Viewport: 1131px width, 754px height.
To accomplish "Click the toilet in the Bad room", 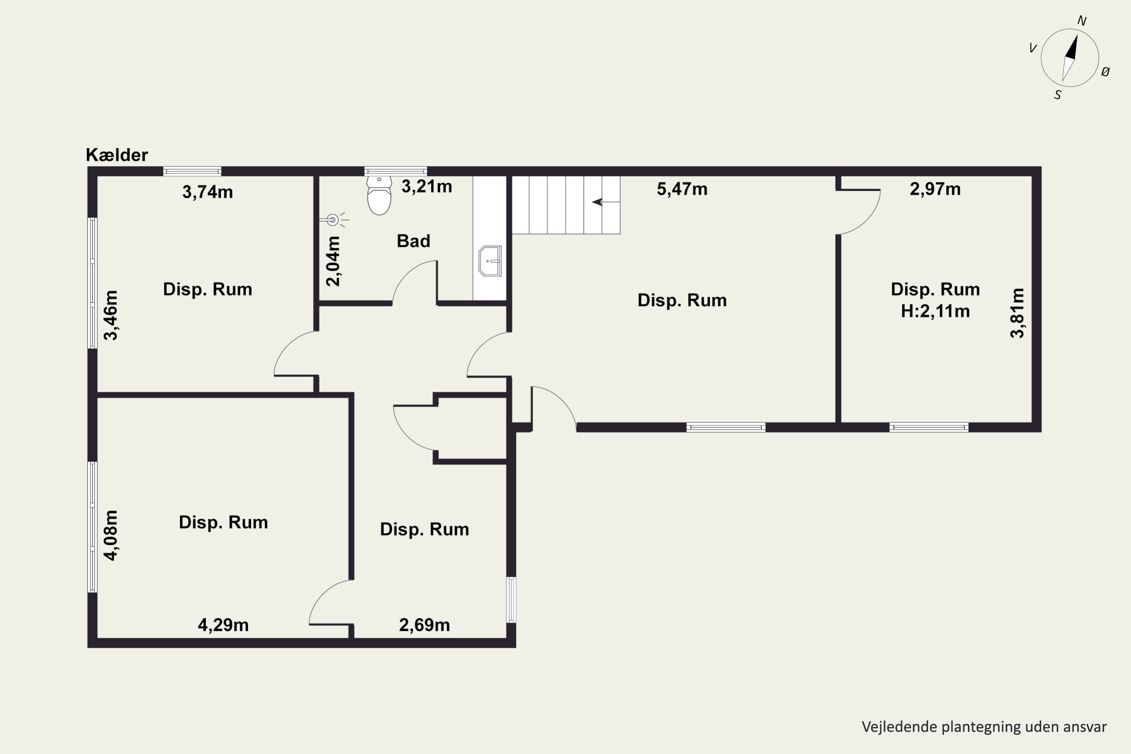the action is pos(379,196).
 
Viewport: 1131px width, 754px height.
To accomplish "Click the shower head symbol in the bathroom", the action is pos(333,220).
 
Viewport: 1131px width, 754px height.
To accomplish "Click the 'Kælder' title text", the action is pos(117,155).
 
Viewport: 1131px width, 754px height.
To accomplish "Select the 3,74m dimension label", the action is pos(208,192).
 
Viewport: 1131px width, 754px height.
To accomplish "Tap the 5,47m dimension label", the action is pos(682,189).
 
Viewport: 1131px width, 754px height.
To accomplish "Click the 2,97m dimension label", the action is pos(935,189).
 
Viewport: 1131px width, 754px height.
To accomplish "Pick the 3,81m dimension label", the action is pos(1018,313).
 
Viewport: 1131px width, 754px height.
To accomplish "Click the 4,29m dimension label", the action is pos(224,625).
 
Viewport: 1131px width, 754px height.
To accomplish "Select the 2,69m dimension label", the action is pos(425,625).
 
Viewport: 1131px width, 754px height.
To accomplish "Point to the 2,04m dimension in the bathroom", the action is pos(333,261).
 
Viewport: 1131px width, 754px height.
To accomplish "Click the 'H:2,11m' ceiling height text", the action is pos(935,311).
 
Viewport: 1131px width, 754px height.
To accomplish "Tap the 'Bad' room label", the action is pos(414,241).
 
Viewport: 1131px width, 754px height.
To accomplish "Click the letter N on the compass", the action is pos(1082,21).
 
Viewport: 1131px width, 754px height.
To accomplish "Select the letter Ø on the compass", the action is pos(1105,72).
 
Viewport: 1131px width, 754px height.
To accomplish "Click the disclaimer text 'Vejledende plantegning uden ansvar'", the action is pos(984,726).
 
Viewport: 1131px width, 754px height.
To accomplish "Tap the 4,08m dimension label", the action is pos(110,536).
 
